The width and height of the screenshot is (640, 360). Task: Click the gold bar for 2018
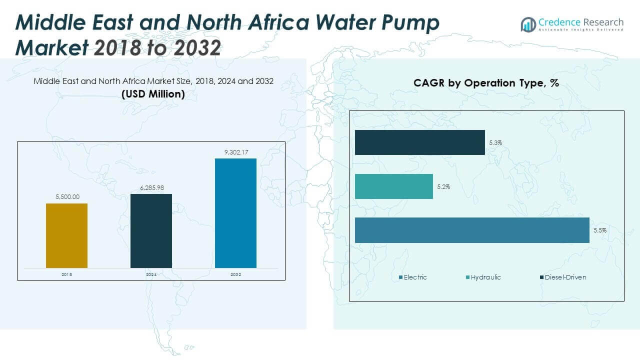pos(66,235)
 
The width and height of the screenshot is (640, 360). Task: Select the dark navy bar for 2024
pos(151,230)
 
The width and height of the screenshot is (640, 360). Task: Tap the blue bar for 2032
pos(235,213)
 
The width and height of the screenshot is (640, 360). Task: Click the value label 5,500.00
pos(66,197)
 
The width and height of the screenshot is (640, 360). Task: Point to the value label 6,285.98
pos(151,187)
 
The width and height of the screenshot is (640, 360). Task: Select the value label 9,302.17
pos(235,152)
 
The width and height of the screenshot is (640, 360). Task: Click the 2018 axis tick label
pos(66,274)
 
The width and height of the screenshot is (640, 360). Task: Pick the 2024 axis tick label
pos(151,274)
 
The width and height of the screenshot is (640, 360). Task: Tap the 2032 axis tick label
pos(235,274)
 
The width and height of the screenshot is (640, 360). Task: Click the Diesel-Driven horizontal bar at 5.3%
pos(419,142)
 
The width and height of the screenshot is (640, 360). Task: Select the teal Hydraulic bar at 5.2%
pos(393,186)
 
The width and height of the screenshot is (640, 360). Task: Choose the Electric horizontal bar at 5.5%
pos(472,230)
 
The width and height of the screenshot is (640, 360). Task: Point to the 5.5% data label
pos(600,230)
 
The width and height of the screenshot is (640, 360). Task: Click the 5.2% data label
pos(443,187)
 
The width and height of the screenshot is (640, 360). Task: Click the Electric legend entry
pos(413,277)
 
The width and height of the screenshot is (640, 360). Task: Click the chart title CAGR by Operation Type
pos(485,83)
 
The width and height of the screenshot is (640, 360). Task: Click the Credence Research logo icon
pos(528,24)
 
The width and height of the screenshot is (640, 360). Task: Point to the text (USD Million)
pos(153,94)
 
